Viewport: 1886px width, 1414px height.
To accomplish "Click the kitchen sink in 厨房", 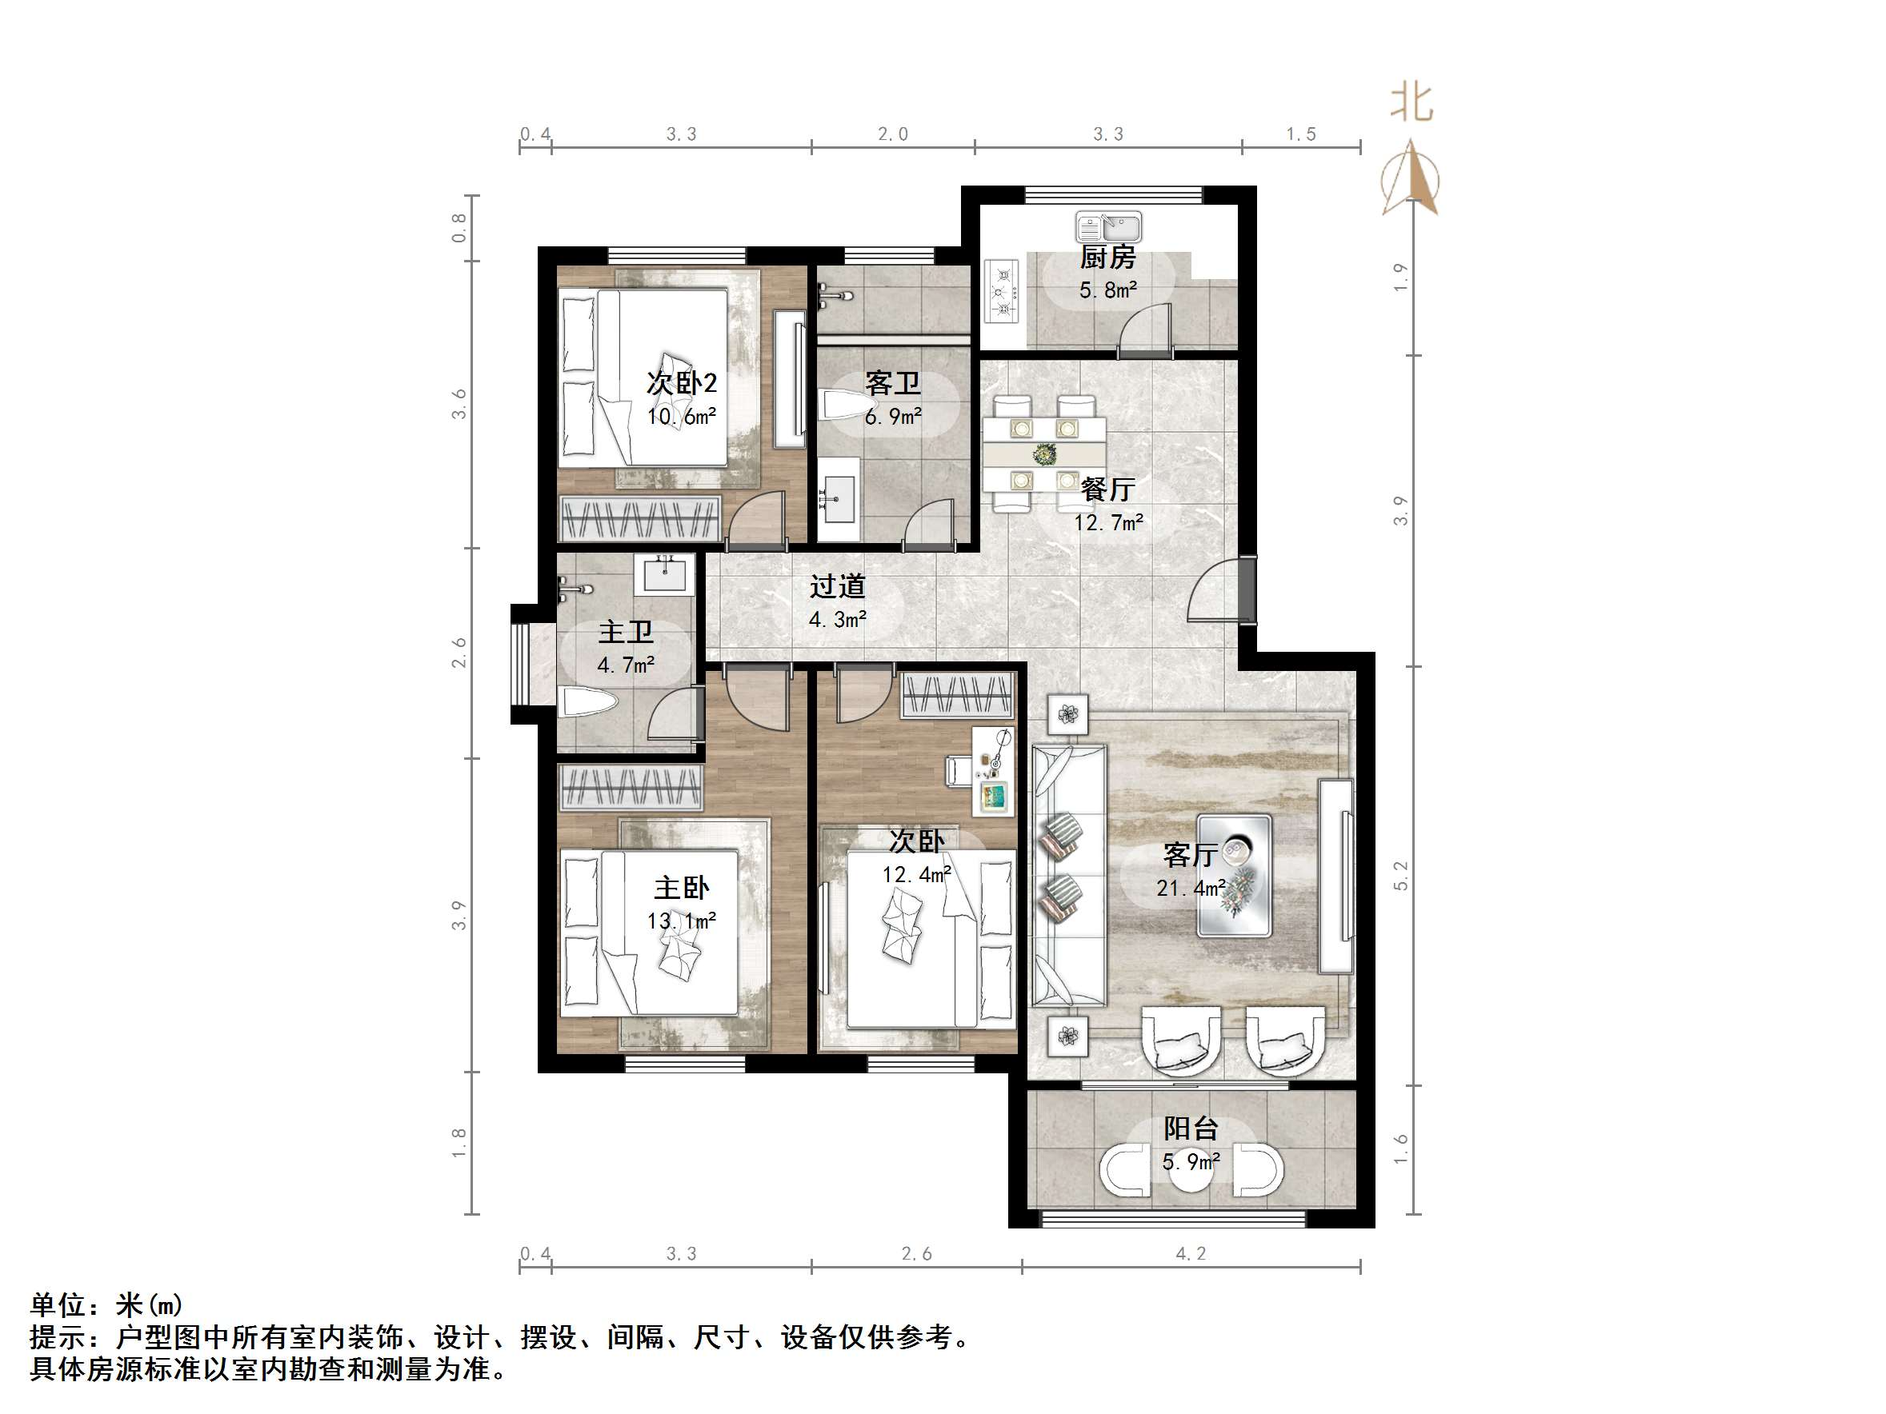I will [x=1107, y=228].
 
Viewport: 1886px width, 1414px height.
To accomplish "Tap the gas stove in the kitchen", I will [x=1003, y=291].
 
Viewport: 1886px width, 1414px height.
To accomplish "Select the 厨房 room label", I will [x=1107, y=258].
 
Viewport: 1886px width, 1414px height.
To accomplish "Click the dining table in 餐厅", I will [x=1043, y=453].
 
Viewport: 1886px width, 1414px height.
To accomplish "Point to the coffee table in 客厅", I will [x=1234, y=875].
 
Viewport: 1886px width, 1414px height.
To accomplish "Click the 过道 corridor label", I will [x=837, y=586].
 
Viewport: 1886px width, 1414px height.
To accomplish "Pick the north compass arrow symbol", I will [x=1412, y=179].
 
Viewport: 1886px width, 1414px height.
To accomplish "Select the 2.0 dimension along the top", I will [x=893, y=134].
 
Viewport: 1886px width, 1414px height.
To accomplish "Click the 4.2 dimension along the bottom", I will [x=1191, y=1254].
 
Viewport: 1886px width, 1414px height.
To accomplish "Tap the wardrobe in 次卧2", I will [x=639, y=518].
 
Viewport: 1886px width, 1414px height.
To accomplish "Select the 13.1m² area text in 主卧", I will [x=681, y=921].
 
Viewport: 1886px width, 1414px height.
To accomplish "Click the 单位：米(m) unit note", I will [x=106, y=1305].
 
